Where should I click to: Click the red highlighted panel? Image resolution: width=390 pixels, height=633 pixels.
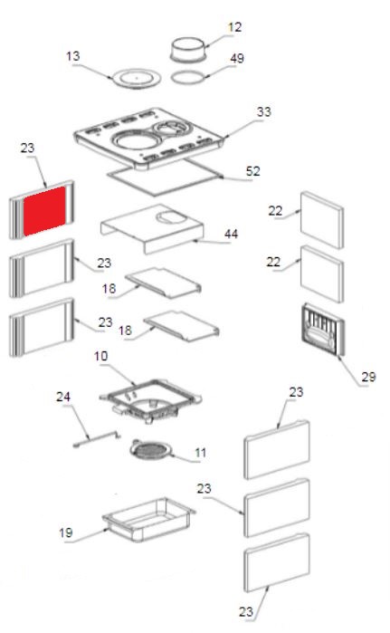coord(44,211)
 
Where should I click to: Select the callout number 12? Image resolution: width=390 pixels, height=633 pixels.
coord(234,27)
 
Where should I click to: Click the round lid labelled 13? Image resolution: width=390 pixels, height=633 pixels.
coord(138,77)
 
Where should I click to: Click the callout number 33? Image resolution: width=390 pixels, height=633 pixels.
coord(263,111)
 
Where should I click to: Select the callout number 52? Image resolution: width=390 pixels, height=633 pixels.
coord(252,171)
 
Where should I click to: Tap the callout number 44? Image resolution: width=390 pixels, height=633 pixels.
coord(231,234)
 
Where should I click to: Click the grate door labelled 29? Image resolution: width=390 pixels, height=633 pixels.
coord(323,330)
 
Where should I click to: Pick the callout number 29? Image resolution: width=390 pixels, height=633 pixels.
coord(368,377)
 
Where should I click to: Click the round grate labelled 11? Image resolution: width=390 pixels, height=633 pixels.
coord(151,449)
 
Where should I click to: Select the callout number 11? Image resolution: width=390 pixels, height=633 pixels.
coord(201,453)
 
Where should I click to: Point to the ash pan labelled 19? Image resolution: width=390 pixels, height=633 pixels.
coord(148,520)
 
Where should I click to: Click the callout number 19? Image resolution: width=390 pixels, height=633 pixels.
coord(66,532)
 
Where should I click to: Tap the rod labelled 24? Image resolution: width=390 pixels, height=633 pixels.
coord(97,439)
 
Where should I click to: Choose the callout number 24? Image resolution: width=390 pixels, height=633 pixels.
coord(63,397)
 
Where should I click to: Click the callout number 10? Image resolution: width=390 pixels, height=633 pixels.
coord(100,356)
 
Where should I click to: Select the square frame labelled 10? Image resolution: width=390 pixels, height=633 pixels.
coord(150,400)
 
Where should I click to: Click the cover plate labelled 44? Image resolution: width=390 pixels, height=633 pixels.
coord(152,229)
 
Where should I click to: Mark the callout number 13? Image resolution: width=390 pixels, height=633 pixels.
coord(73,56)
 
